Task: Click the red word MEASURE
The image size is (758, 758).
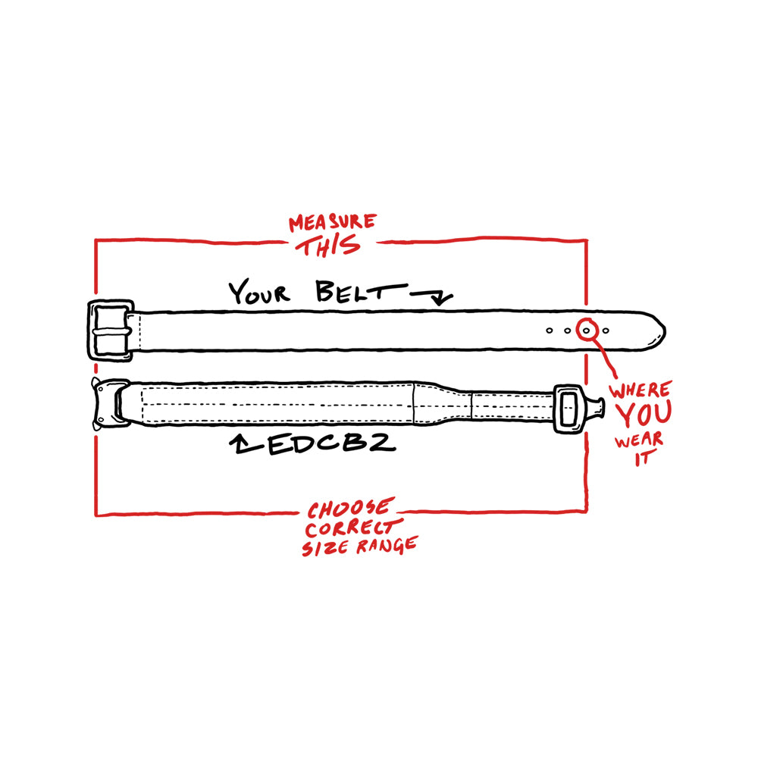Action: point(333,222)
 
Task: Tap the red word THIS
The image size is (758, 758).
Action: point(328,246)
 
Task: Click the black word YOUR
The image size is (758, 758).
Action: point(259,292)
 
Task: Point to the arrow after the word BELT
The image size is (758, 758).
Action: point(432,296)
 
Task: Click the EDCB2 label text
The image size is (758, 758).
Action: point(332,443)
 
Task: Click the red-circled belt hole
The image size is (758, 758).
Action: point(587,330)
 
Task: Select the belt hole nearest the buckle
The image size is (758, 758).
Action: point(549,330)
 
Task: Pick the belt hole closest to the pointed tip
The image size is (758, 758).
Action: point(606,330)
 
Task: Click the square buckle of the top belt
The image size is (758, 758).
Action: point(111,330)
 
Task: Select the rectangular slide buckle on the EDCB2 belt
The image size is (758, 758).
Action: point(569,409)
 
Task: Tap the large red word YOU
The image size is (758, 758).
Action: point(644,415)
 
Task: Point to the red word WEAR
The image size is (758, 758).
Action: point(638,441)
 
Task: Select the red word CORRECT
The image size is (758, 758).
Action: point(353,528)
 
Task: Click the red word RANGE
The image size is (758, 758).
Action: point(387,546)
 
